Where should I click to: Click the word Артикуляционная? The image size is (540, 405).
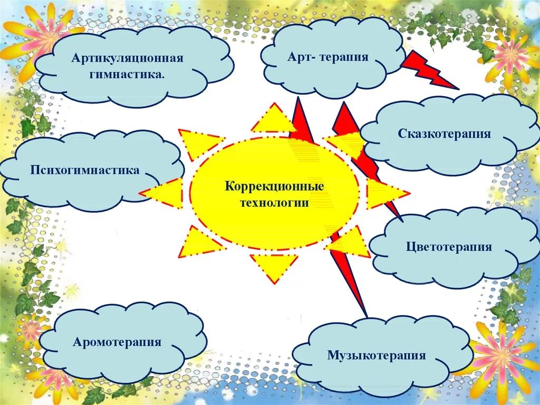coord(128,58)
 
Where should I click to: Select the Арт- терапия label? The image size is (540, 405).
coord(327,57)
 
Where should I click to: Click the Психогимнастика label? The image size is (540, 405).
coord(85,170)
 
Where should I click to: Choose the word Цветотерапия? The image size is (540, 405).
coord(449,247)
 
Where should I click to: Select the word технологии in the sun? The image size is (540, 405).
coord(274,203)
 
